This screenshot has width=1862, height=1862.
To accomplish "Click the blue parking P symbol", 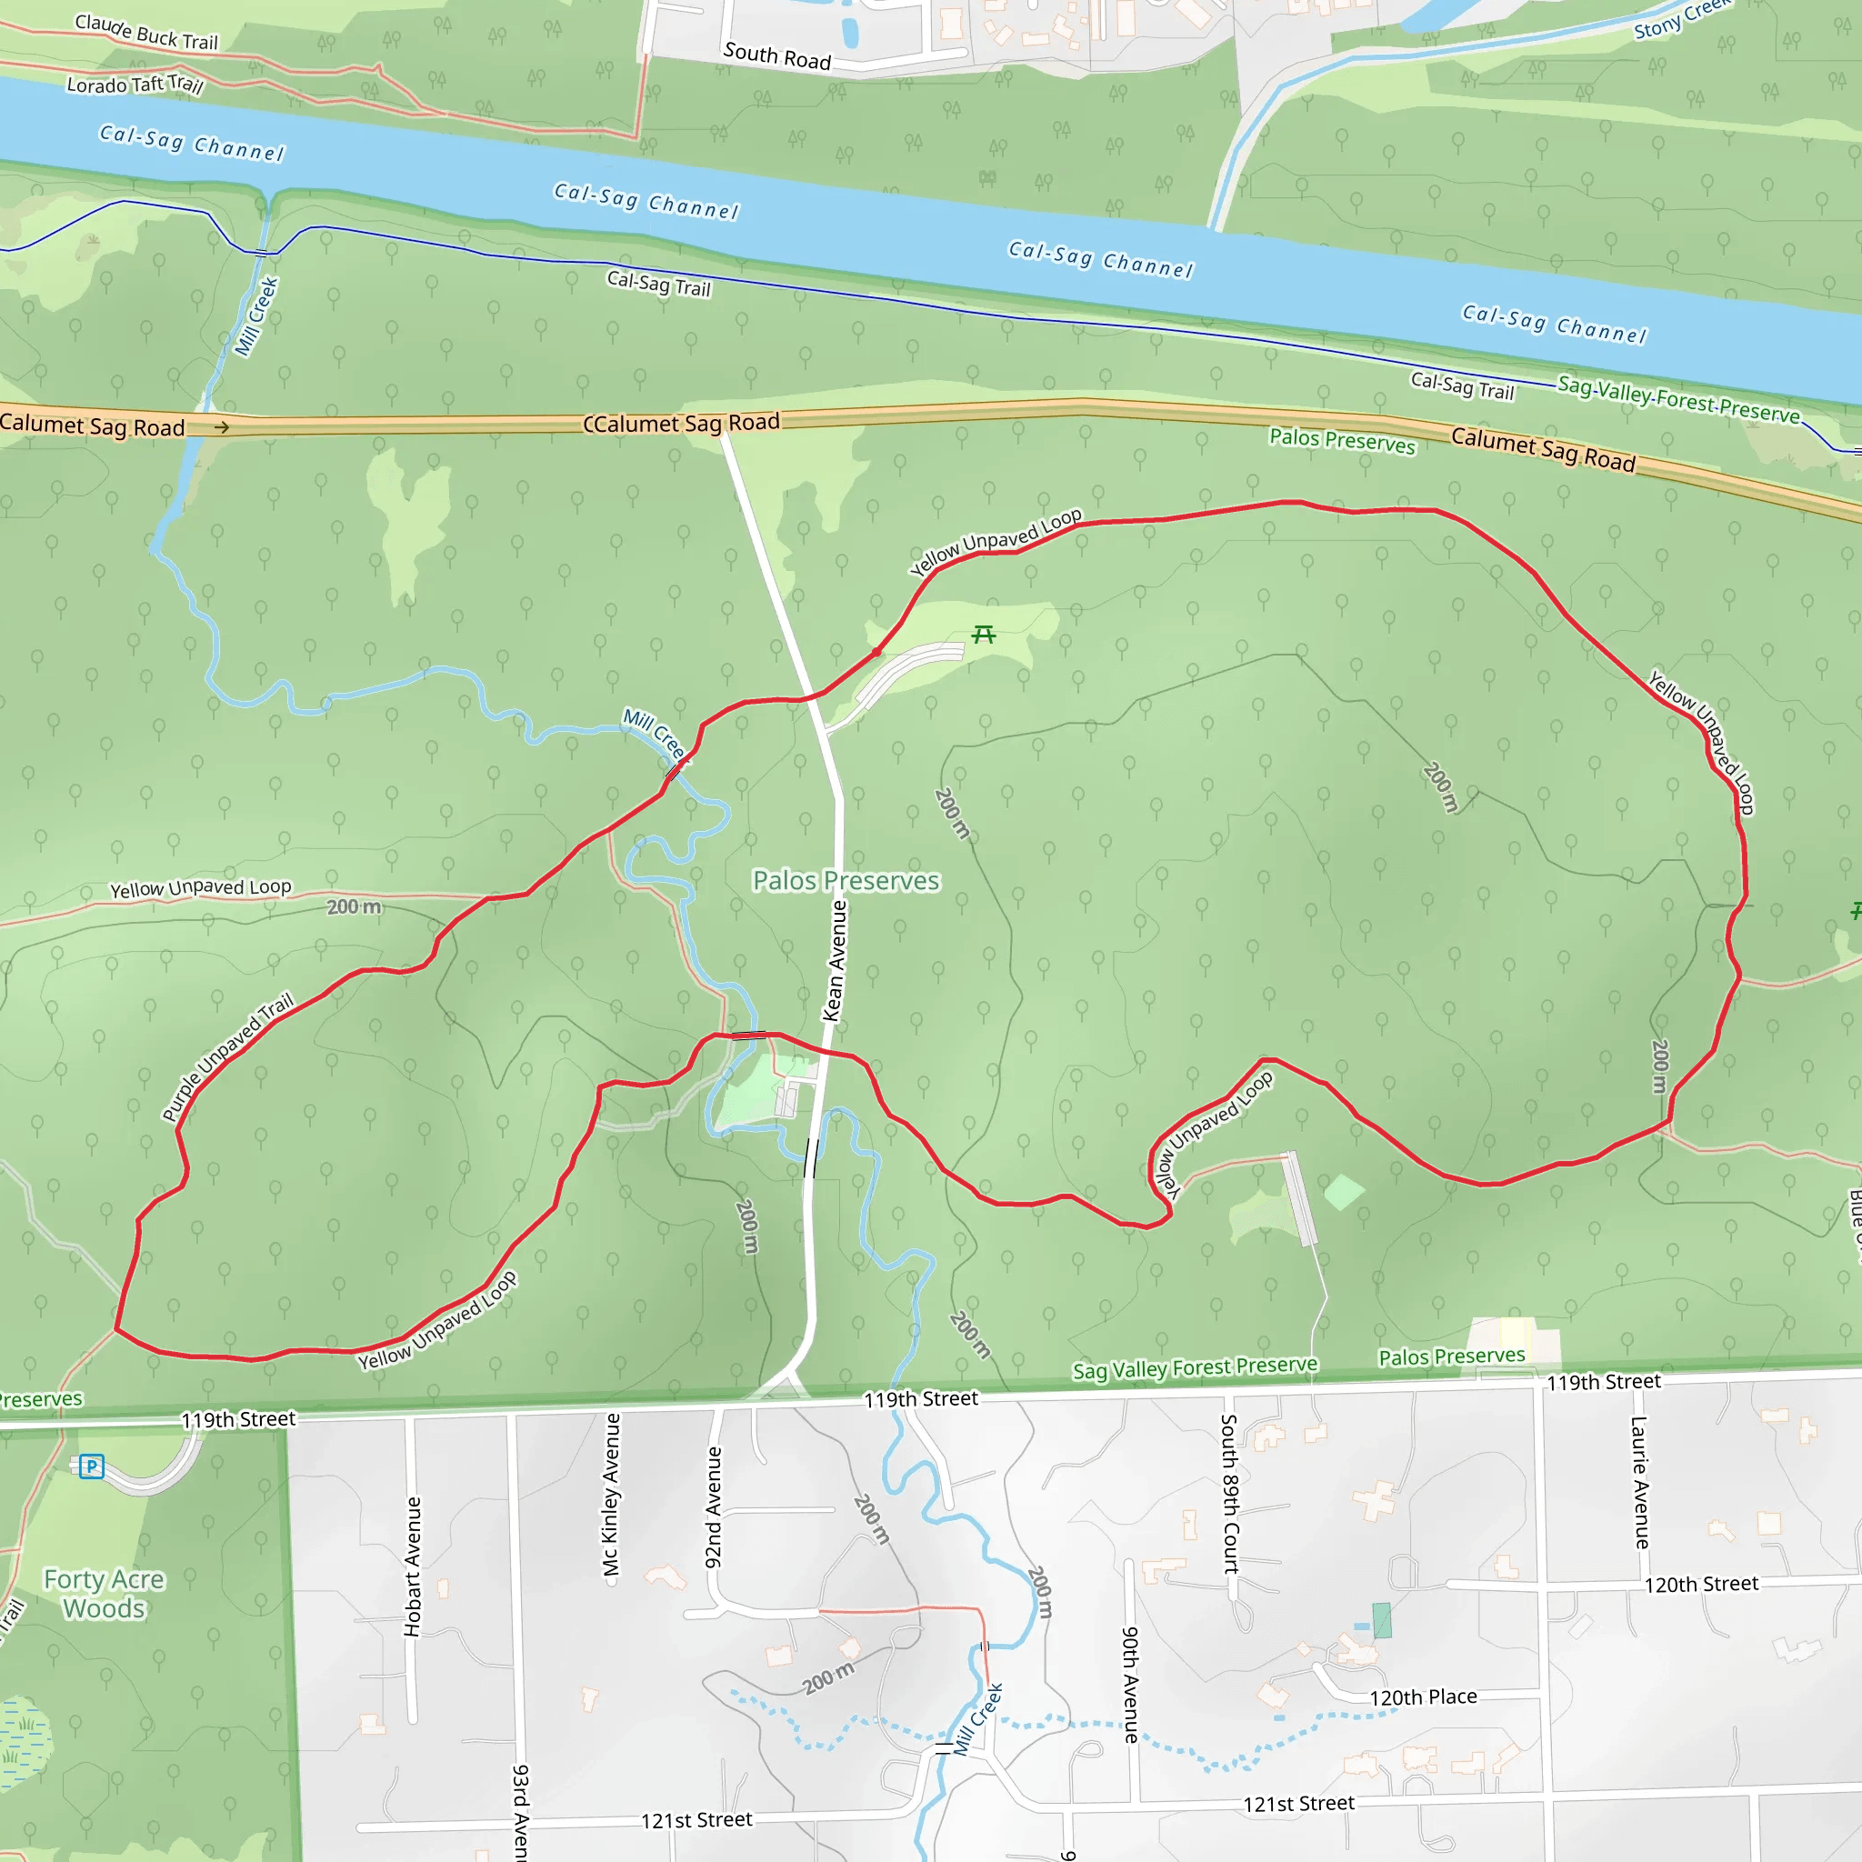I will click(x=92, y=1467).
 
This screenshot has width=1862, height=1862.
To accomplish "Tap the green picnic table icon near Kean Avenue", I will click(x=983, y=635).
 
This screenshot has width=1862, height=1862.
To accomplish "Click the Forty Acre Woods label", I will click(x=104, y=1594).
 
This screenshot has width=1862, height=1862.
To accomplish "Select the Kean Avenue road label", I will click(x=835, y=961).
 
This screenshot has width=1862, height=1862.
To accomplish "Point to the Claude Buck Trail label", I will click(x=146, y=32).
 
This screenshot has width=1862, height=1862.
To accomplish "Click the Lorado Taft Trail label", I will click(x=135, y=85).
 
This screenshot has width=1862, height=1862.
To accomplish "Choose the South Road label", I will click(x=776, y=55).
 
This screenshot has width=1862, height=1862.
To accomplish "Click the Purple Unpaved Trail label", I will click(x=226, y=1058).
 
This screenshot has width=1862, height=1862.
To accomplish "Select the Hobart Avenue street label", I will click(x=413, y=1567).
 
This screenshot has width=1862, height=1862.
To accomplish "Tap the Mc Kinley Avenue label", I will click(x=611, y=1494).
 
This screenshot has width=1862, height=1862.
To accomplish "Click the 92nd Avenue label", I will click(x=713, y=1507).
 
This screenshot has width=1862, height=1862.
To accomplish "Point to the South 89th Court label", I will click(x=1230, y=1493).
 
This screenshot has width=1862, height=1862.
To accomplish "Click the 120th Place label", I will click(x=1423, y=1697).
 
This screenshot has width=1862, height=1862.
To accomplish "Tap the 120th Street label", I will click(x=1701, y=1585).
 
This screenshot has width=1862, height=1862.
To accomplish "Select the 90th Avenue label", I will click(x=1130, y=1685).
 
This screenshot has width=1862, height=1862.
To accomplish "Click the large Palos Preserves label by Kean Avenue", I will click(x=846, y=881).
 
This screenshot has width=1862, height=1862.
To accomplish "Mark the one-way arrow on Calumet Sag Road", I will click(x=222, y=427).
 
